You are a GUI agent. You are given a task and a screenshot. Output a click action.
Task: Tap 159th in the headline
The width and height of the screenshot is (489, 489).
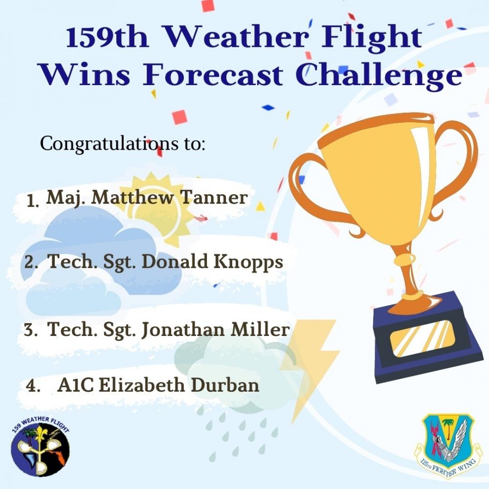click(x=107, y=38)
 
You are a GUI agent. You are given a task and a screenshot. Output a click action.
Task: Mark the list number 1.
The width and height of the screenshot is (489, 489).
click(x=33, y=200)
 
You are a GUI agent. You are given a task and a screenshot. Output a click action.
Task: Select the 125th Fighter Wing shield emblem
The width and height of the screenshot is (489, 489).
click(x=445, y=443)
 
